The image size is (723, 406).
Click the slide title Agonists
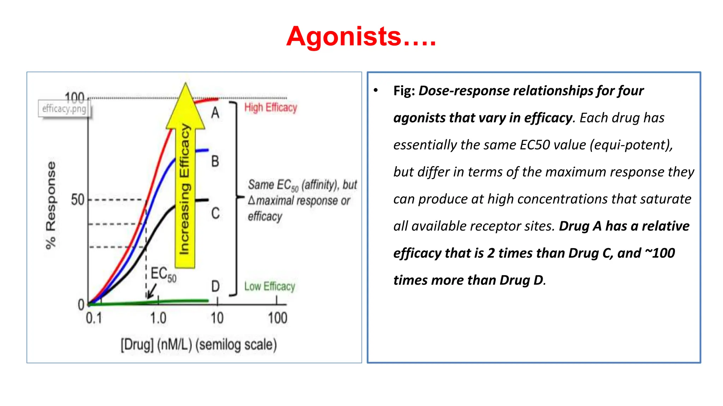361,37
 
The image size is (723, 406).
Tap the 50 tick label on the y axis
78,200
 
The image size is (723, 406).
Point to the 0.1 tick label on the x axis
94,318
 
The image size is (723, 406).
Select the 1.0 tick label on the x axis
158,318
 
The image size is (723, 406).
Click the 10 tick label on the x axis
217,318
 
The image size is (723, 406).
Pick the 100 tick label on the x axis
277,318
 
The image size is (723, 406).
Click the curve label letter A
215,113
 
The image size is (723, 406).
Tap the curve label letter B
215,161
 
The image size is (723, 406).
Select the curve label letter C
215,213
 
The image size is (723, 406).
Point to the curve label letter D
215,286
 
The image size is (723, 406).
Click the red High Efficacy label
271,107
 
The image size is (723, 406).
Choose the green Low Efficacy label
270,287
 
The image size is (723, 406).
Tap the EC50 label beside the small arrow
163,274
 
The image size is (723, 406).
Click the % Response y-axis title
51,205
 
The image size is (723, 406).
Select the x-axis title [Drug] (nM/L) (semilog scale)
199,345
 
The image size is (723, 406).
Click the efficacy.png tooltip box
64,109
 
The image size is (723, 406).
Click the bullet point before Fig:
376,91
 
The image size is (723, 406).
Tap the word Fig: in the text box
404,91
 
